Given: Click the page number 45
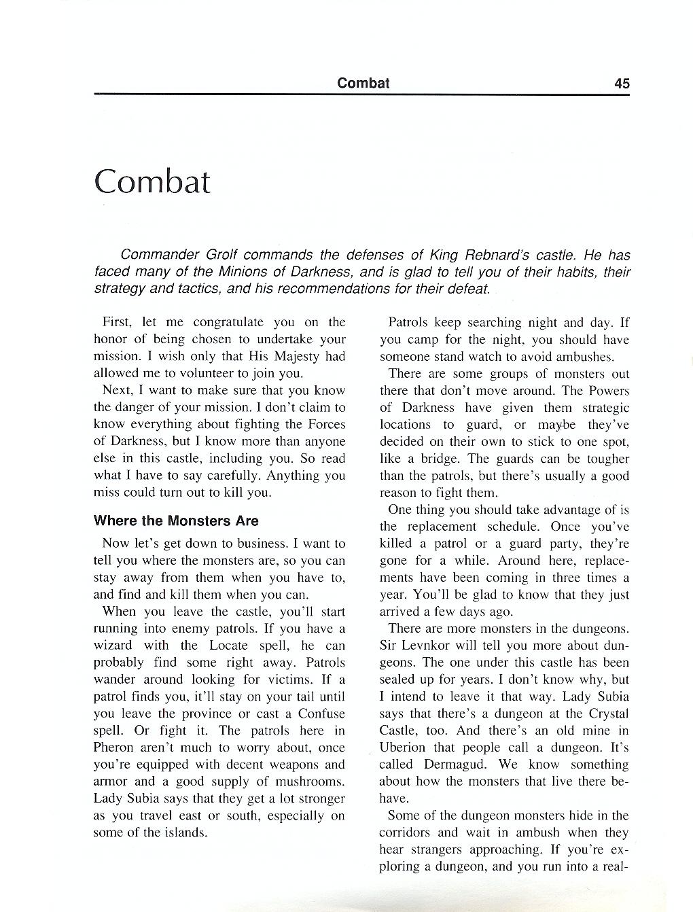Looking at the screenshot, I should [621, 84].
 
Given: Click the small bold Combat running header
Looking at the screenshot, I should [363, 83].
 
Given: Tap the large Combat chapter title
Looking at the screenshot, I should [152, 181].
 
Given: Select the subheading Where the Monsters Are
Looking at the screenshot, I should [176, 521].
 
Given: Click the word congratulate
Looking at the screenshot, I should [226, 322].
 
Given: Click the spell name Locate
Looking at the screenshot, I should [228, 646].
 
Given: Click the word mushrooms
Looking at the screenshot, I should [310, 782].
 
